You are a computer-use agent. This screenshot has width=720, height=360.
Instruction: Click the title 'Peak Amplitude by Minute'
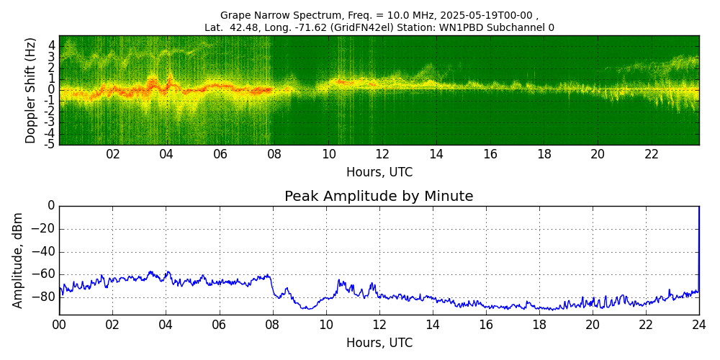click(x=379, y=197)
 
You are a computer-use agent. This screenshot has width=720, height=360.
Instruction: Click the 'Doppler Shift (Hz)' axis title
click(x=31, y=90)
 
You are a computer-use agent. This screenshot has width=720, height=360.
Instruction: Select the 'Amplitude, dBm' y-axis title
click(x=19, y=260)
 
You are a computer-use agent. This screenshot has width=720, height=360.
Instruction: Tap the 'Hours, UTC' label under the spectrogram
click(x=379, y=173)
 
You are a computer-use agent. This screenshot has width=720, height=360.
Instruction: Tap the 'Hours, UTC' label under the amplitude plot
click(x=379, y=343)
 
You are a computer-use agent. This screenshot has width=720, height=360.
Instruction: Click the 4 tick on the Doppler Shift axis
click(x=52, y=45)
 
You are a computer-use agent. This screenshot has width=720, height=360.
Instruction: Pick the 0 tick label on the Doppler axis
click(x=52, y=90)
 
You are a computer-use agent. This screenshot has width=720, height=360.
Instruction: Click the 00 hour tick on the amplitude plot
click(x=59, y=325)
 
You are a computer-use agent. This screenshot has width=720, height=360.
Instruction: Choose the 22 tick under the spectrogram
click(x=652, y=154)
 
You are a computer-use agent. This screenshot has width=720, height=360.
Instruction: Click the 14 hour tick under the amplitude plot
click(x=433, y=325)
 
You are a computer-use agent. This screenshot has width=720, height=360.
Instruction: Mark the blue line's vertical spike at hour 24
click(x=698, y=245)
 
